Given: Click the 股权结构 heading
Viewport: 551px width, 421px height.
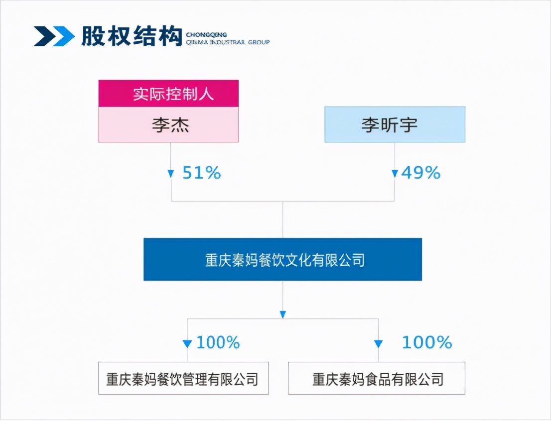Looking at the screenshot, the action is pyautogui.click(x=132, y=36).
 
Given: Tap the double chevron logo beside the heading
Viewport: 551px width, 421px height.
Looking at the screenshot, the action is pyautogui.click(x=54, y=36).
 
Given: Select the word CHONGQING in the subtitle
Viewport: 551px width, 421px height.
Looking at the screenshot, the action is pyautogui.click(x=206, y=35).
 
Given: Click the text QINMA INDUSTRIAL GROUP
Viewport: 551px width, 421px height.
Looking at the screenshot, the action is pyautogui.click(x=228, y=42).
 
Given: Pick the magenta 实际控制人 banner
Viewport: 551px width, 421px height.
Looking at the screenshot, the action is pyautogui.click(x=168, y=94).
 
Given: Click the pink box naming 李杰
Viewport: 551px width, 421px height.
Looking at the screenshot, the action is pyautogui.click(x=168, y=124).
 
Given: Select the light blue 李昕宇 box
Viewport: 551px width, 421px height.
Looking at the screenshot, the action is pyautogui.click(x=395, y=124).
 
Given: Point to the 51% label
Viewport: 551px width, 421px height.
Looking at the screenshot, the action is pyautogui.click(x=202, y=173).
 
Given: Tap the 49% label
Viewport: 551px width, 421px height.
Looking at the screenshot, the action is pyautogui.click(x=421, y=173).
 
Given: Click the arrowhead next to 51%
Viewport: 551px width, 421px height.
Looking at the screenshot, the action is pyautogui.click(x=171, y=174).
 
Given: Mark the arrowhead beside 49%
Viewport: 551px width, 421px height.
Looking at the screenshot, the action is pyautogui.click(x=395, y=174).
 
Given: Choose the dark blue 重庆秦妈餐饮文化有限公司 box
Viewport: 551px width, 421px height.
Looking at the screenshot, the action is pyautogui.click(x=282, y=259).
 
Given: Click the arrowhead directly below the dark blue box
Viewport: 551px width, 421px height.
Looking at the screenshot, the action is pyautogui.click(x=282, y=315).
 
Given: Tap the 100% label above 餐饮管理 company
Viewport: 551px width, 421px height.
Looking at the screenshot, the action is pyautogui.click(x=218, y=342).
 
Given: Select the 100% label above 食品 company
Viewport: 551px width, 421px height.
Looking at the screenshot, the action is pyautogui.click(x=427, y=342).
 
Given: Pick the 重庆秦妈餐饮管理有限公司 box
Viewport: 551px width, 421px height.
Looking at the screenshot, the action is pyautogui.click(x=183, y=378).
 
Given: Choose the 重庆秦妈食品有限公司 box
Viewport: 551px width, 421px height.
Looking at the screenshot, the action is pyautogui.click(x=377, y=378).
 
